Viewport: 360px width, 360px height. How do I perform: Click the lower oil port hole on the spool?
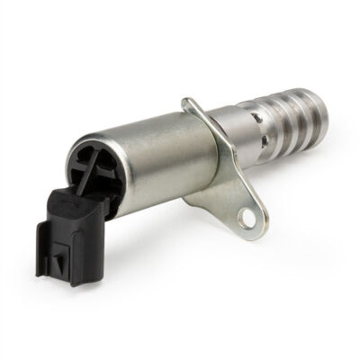click(x=264, y=143)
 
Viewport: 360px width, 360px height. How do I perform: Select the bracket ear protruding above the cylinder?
click(x=190, y=106)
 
